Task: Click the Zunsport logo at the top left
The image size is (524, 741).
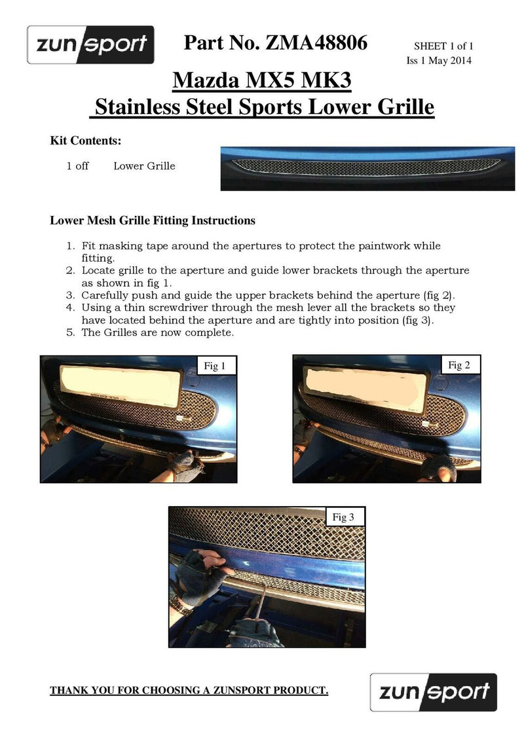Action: point(90,45)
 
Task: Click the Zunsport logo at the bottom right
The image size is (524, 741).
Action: point(433,691)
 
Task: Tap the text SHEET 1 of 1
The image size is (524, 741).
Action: point(443,46)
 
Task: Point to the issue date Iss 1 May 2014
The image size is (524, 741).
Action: point(440,61)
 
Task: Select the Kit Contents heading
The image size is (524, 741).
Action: point(86,141)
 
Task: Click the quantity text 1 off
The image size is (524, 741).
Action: point(77,166)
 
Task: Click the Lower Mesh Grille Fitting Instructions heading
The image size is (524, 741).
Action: point(153,221)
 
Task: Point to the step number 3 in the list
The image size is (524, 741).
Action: point(71,295)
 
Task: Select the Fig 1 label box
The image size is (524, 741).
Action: point(212,367)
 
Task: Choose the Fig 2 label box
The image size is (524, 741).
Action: point(459,365)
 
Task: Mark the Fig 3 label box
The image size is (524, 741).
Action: point(343,518)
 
